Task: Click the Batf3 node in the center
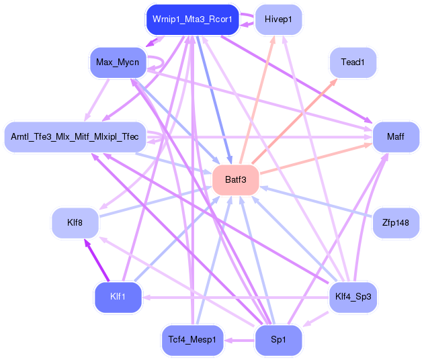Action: pyautogui.click(x=236, y=180)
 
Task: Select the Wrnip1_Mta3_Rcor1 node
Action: pyautogui.click(x=193, y=19)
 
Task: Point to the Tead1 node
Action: pyautogui.click(x=352, y=62)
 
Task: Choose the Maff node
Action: pyautogui.click(x=396, y=138)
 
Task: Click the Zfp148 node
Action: pyautogui.click(x=396, y=222)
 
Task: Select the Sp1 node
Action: pyautogui.click(x=278, y=340)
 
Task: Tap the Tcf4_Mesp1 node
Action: pyautogui.click(x=192, y=340)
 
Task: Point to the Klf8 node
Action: pyautogui.click(x=75, y=222)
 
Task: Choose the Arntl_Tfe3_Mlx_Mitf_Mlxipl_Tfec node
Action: pyautogui.click(x=75, y=137)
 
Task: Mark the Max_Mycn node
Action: pyautogui.click(x=118, y=62)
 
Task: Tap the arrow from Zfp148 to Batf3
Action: pyautogui.click(x=316, y=201)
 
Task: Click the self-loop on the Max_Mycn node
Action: pyautogui.click(x=159, y=62)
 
